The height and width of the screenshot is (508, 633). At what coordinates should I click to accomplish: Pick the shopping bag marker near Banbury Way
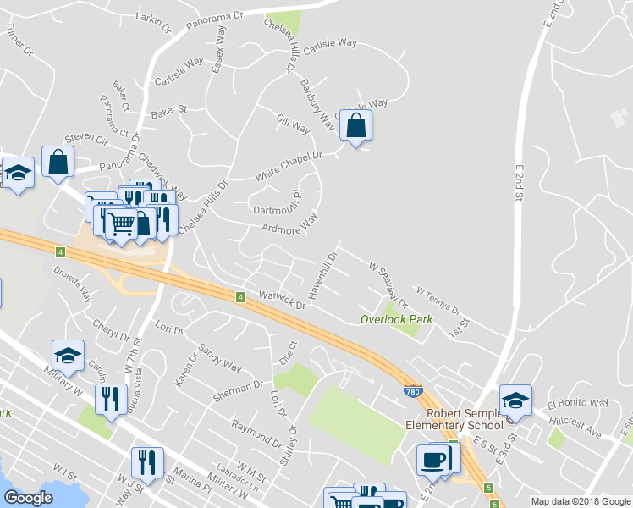tap(356, 127)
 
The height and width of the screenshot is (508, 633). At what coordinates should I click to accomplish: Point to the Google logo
tap(28, 498)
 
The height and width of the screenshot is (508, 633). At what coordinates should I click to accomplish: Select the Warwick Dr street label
tap(282, 301)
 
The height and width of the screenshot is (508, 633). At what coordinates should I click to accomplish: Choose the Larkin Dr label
tap(153, 20)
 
